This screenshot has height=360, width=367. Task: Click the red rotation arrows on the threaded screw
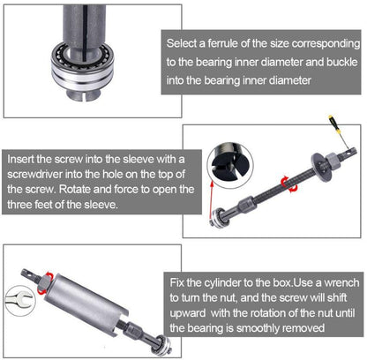coord(286,183)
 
